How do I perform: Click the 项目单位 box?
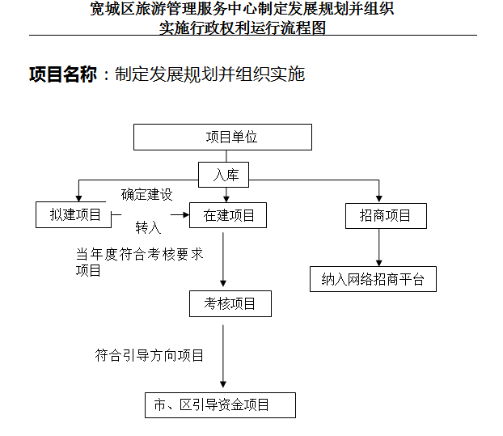222,138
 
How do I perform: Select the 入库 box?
223,175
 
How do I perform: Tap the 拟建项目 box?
74,214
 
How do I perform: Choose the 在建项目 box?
228,215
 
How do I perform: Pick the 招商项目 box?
386,216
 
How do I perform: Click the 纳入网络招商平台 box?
373,279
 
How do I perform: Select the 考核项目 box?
230,304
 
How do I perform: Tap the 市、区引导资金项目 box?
220,405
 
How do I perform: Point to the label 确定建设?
147,194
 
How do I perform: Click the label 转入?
148,227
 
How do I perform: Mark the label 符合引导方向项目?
149,355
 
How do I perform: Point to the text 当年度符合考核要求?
140,255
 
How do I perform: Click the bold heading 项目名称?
63,74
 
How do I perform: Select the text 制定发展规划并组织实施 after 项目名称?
209,74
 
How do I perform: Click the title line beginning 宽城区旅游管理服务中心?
242,9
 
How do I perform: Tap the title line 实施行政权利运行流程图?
243,28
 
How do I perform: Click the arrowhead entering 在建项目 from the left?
186,214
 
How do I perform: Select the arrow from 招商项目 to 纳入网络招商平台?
378,248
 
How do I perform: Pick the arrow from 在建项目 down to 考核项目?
223,259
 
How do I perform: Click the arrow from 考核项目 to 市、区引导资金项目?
223,356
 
